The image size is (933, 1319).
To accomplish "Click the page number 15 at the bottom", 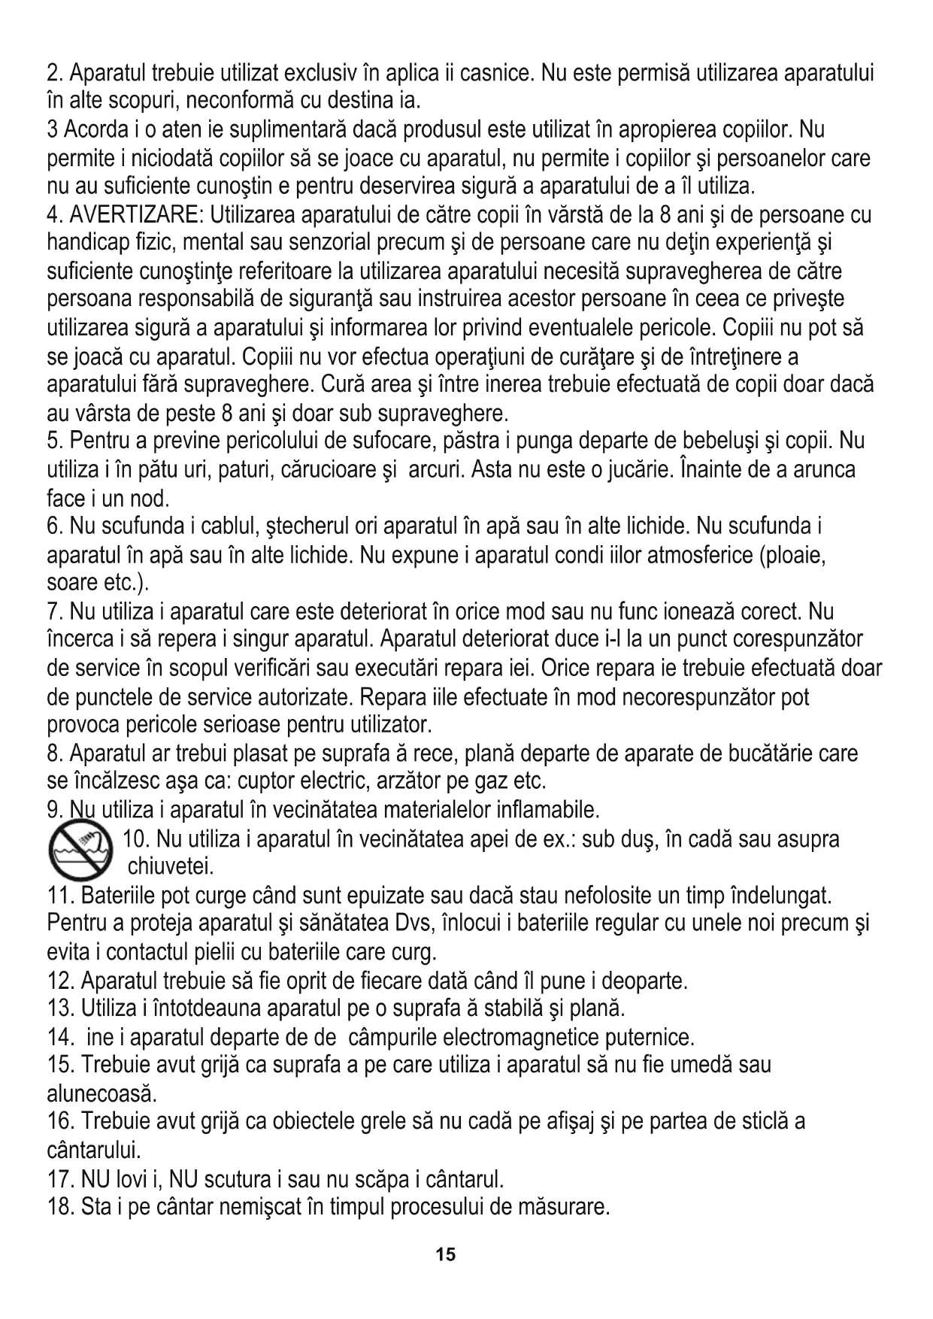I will pos(445,1254).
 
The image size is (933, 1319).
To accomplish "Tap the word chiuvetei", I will pos(171,867).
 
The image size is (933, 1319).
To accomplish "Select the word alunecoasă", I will pos(101,1093).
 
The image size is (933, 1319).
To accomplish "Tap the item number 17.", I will pos(59,1178).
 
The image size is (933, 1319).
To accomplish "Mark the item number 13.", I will pos(59,1007).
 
